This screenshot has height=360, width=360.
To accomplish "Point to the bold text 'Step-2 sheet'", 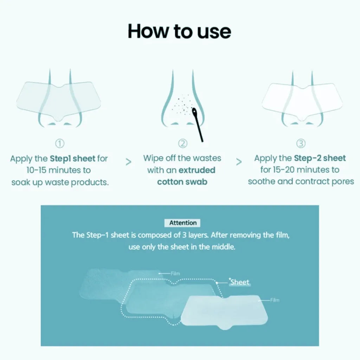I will (320, 158).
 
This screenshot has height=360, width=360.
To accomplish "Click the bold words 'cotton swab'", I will (182, 182).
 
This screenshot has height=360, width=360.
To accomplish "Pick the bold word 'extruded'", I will (197, 170).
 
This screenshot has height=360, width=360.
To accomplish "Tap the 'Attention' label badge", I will (183, 223).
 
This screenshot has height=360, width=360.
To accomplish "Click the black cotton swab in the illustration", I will (199, 127).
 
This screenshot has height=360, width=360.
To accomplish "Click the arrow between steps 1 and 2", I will (129, 162).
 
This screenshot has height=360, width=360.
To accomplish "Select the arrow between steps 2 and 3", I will (239, 162).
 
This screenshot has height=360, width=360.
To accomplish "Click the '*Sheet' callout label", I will (240, 282).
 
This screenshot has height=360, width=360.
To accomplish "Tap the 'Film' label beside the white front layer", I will (275, 300).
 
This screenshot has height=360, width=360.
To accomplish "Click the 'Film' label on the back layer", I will (175, 273).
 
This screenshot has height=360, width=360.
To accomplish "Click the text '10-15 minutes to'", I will (59, 170).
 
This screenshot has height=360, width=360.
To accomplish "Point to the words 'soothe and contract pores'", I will (301, 182).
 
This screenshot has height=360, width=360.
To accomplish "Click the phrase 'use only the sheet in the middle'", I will (181, 247).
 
